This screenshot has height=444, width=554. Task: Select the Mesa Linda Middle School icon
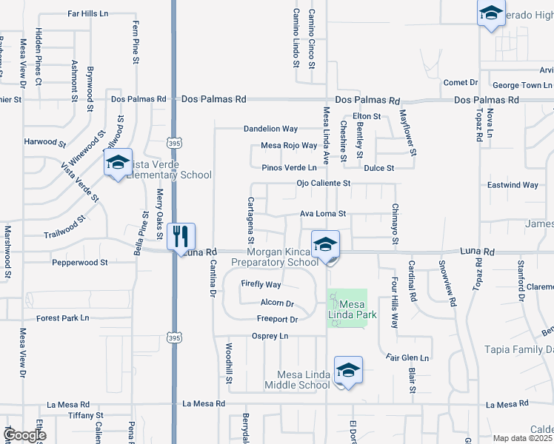(348, 371)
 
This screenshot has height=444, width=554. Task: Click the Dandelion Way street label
(271, 129)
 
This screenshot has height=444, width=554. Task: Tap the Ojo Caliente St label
(322, 183)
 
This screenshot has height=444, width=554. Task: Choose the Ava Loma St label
(322, 214)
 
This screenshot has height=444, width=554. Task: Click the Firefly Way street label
(261, 284)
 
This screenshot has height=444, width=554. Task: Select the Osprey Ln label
(270, 336)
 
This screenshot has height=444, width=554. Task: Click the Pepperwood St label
(80, 262)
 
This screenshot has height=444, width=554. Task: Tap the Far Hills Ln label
(87, 13)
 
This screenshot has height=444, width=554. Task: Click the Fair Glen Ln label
(407, 358)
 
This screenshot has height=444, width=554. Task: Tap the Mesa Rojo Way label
(289, 146)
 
